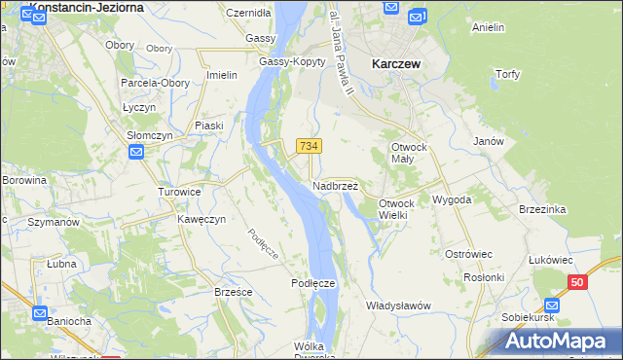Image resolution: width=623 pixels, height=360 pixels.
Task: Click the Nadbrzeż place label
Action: coord(335,185)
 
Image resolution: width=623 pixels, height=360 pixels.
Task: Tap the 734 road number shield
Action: coord(309,146)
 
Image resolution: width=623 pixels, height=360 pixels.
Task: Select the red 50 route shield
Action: coord(578,282)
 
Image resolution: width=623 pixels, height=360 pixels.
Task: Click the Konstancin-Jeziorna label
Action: coord(88,7)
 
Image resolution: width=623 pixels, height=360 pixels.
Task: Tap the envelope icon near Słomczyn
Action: coord(136,152)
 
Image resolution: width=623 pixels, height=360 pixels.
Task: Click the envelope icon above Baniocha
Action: coord(40,314)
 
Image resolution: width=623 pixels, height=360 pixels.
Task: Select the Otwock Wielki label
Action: coord(396,208)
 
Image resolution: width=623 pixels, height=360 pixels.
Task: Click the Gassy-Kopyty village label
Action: coord(284,61)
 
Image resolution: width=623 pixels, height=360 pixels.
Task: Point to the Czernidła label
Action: coord(248,13)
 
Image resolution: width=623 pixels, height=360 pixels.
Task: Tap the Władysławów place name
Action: coord(398,306)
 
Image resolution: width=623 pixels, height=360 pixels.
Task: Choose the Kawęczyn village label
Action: coord(202,219)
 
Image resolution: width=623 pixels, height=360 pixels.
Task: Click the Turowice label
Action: coord(179,192)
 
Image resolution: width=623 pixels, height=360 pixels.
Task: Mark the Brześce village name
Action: coord(234,291)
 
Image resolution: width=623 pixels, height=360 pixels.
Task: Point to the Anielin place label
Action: coord(488,27)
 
